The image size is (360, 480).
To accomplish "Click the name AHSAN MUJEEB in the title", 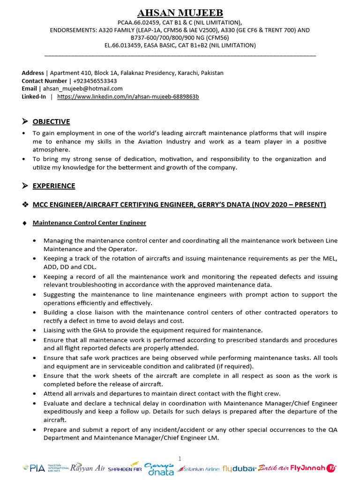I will click(180, 13).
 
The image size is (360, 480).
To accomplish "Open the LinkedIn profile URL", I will click(128, 97).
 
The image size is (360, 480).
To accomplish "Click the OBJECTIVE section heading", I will click(51, 122).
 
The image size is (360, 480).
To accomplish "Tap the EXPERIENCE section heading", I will click(53, 186).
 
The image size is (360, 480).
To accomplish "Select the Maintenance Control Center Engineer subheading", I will click(89, 223).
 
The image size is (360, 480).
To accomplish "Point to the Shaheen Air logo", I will click(125, 468).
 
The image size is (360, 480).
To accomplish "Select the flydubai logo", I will click(239, 468).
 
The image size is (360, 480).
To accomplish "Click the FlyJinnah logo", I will click(314, 467).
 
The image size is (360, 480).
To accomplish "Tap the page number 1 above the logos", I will click(180, 458).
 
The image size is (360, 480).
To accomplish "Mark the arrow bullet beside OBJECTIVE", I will click(25, 122).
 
